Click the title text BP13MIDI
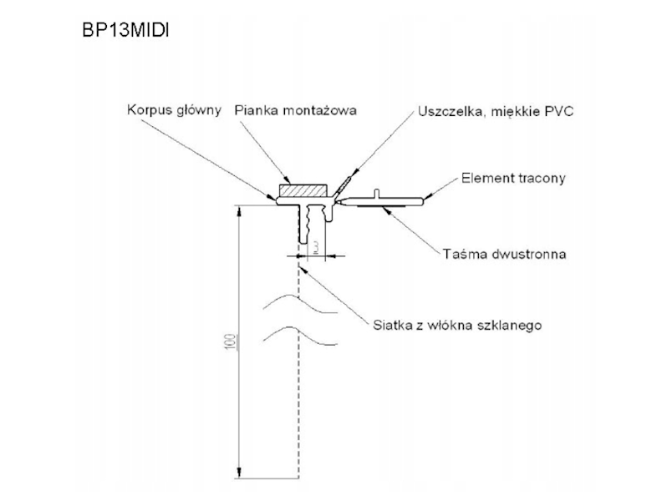(126, 30)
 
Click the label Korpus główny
(175, 110)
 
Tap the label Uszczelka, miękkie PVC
(495, 110)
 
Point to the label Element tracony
(513, 178)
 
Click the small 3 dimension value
(315, 248)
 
